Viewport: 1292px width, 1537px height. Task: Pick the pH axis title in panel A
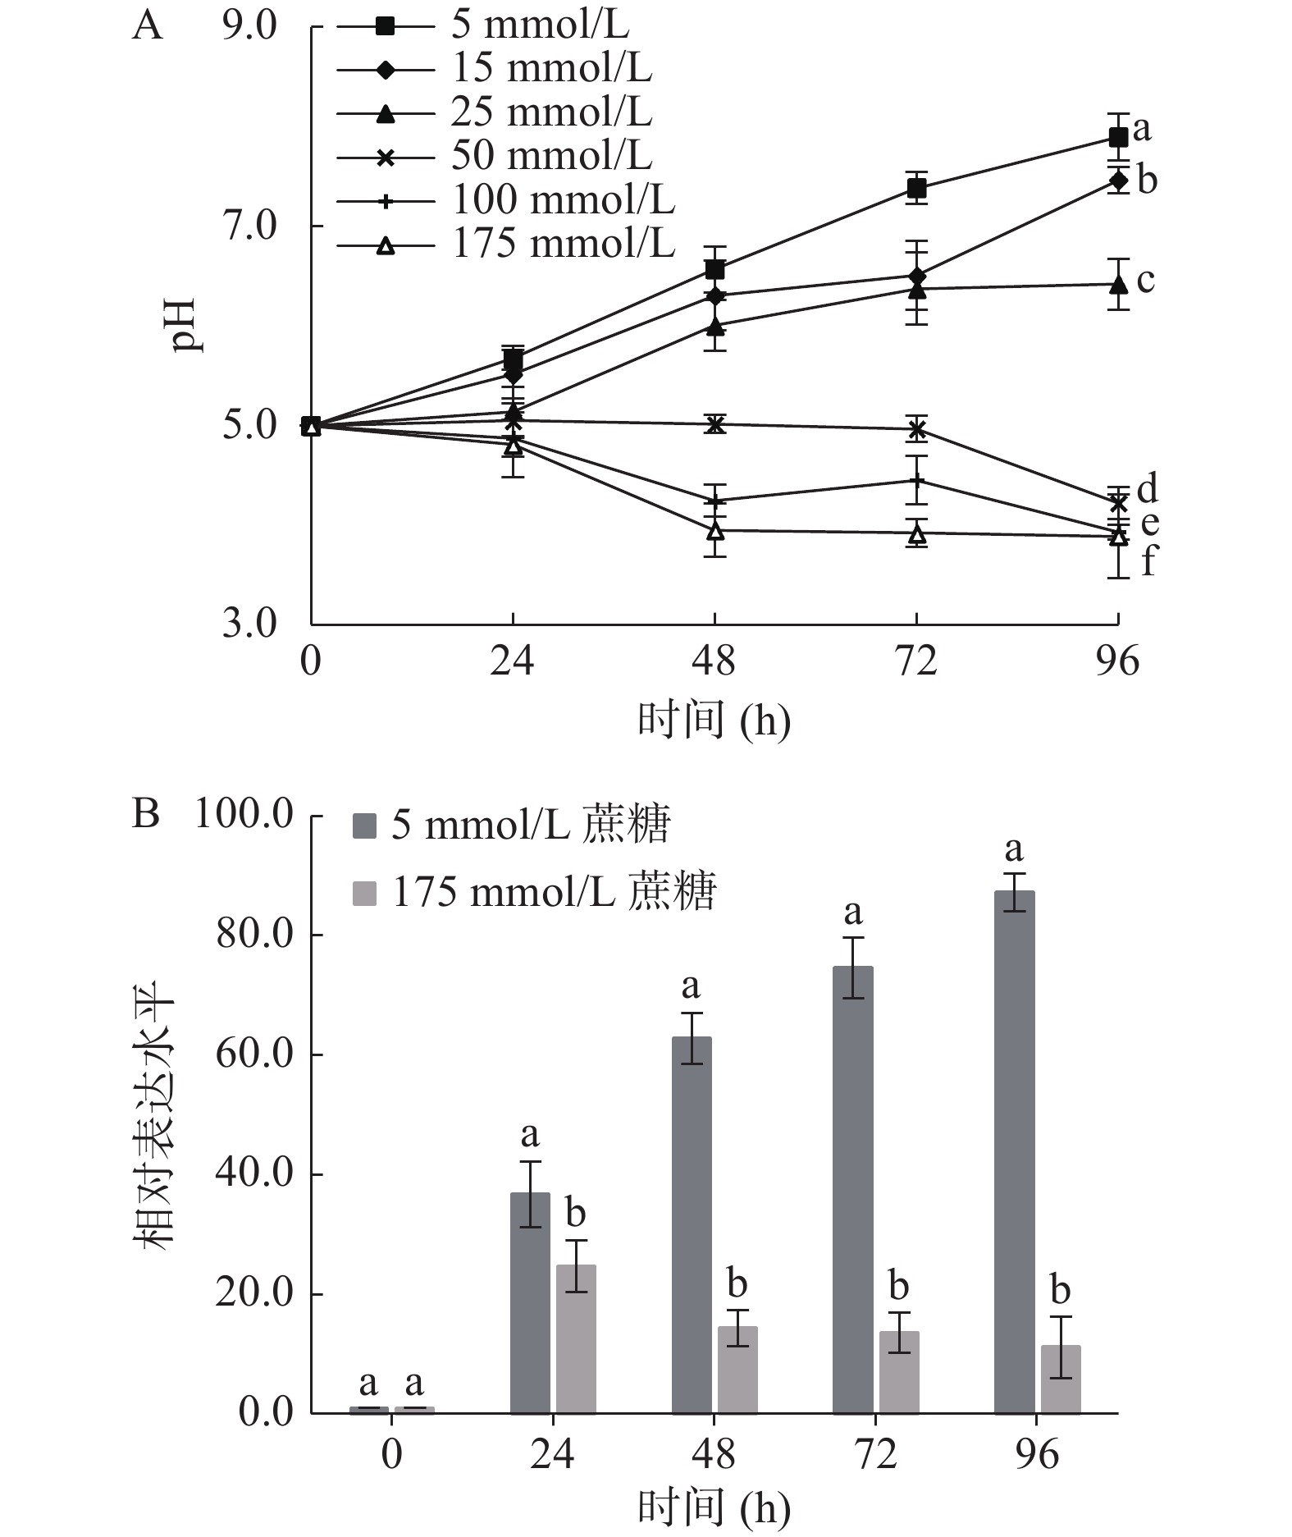[187, 325]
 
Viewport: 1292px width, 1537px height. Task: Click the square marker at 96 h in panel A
[1117, 137]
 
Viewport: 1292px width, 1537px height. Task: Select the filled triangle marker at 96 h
[1117, 285]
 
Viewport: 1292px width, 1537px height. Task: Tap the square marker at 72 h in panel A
[916, 190]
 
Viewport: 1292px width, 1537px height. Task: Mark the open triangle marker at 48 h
[715, 531]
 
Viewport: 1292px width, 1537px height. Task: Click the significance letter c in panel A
[1146, 280]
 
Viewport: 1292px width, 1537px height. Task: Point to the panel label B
[146, 814]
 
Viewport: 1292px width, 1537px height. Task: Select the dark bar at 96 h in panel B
[1014, 1151]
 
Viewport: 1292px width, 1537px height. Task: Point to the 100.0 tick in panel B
[244, 815]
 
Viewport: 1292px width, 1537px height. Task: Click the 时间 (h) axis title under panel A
[714, 722]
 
